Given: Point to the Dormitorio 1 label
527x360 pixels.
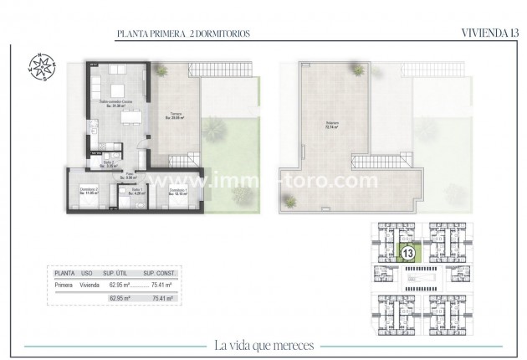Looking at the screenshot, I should pyautogui.click(x=177, y=192).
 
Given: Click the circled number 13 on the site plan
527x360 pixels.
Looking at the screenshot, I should pyautogui.click(x=409, y=252).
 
